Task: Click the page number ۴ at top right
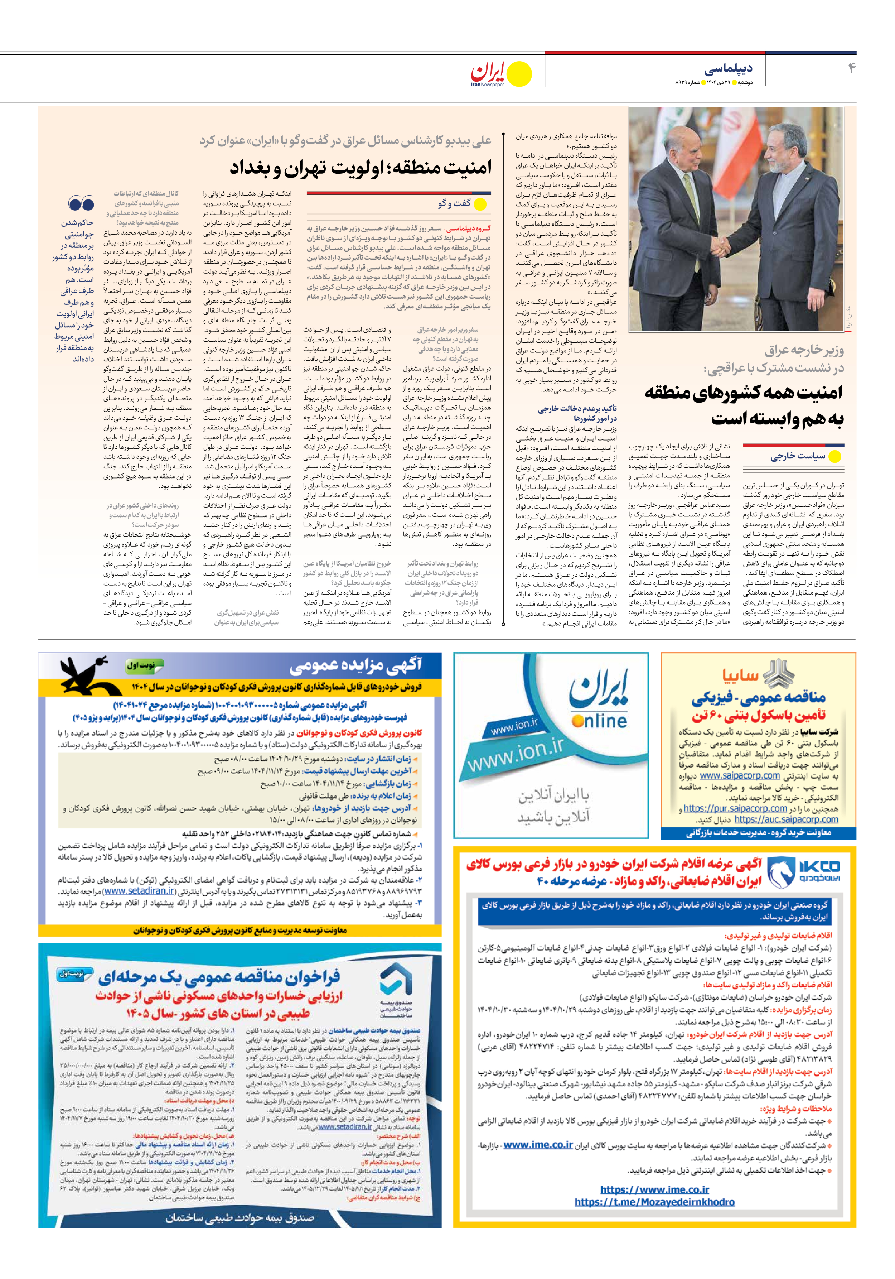pos(852,68)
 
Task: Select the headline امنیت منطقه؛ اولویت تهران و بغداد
pos(361,167)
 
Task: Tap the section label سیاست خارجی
pos(798,456)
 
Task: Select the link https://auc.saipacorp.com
pos(786,819)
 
